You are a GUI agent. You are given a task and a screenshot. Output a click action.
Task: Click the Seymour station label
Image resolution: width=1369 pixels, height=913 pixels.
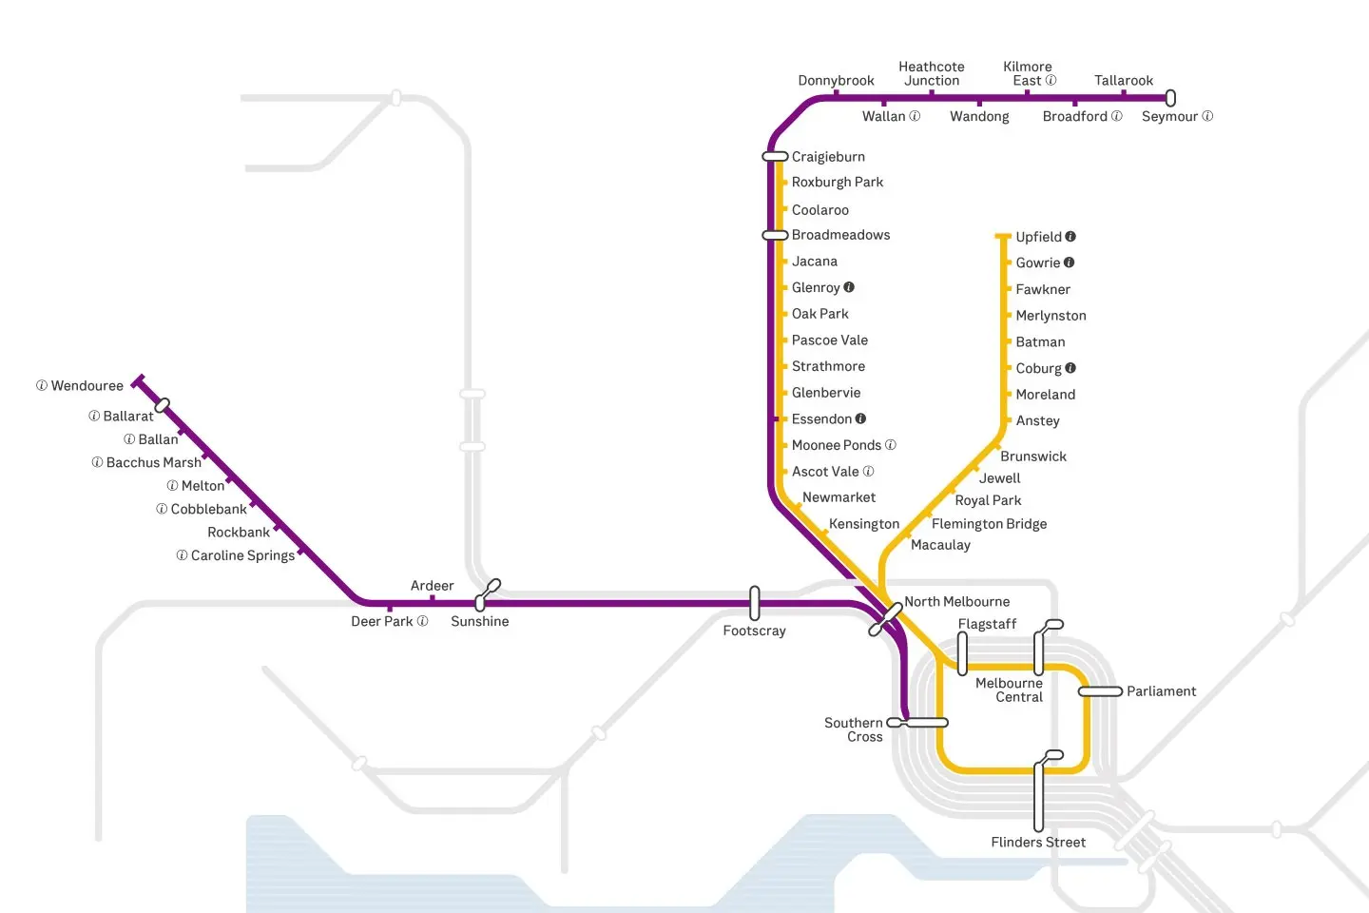pos(1169,117)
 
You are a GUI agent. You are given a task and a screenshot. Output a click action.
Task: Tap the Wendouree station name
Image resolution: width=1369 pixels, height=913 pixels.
pos(87,386)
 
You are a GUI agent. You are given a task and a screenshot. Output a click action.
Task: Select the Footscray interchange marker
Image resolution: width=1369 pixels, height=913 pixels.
pos(755,603)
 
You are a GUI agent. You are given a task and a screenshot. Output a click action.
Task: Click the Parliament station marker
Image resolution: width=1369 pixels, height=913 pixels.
pos(1100,691)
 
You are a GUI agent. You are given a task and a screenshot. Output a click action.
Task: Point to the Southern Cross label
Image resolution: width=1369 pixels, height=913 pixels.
pos(854,729)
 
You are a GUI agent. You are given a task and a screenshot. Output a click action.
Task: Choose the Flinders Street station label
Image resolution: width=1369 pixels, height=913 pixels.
pos(1038,843)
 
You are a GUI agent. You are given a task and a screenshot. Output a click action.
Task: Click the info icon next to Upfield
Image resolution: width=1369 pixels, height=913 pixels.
pos(1070,237)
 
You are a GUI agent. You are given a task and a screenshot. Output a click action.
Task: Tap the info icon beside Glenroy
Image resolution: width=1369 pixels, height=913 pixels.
pos(849,287)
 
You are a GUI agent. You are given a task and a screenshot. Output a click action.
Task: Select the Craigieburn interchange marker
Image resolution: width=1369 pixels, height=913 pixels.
pos(776,156)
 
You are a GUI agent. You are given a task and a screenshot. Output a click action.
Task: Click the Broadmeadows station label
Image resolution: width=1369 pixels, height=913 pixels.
pos(840,235)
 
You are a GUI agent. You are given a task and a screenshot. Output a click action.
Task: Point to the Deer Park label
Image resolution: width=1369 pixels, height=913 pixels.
pos(382,622)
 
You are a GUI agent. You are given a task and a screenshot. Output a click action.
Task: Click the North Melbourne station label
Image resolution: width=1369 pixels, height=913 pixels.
pos(956,602)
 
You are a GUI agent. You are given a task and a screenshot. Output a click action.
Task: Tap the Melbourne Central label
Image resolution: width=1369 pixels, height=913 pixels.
pos(1010,690)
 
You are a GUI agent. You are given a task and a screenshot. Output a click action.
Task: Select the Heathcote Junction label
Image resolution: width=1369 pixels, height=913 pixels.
pos(932,74)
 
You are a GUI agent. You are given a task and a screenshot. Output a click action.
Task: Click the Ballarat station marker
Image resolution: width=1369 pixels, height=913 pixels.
pos(163,405)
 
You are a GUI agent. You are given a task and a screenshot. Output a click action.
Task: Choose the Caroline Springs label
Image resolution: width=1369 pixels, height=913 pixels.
pos(242,555)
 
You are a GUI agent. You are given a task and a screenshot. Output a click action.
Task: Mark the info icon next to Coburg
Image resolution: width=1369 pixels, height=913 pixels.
pos(1070,368)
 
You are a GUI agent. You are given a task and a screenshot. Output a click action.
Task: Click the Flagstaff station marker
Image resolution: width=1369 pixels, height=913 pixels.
pos(962,653)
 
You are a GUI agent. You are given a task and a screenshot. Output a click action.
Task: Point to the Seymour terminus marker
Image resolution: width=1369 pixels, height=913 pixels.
pos(1170,98)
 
